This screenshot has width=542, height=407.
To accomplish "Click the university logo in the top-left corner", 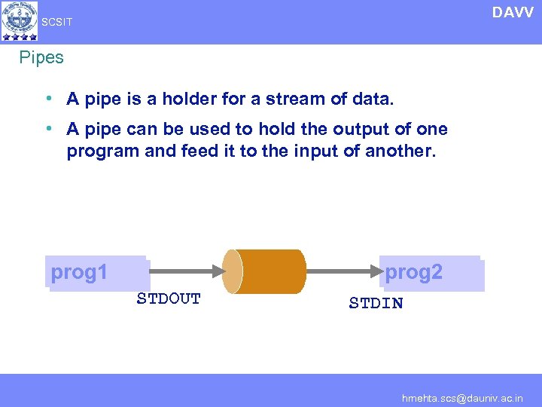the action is point(20,20).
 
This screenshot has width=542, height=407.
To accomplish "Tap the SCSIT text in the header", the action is point(57,23).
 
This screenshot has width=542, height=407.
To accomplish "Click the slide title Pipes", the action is point(41,57).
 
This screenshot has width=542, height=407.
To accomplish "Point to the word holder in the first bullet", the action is point(178,99).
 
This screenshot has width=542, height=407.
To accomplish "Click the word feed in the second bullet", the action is point(201,151).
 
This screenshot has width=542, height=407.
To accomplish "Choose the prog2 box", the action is point(431,273).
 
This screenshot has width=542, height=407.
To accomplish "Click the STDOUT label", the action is point(169,299).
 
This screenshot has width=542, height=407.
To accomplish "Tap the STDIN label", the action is point(376,304).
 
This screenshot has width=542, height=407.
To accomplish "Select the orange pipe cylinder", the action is point(265,271).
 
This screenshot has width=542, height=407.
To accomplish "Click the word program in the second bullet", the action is point(102,151).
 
